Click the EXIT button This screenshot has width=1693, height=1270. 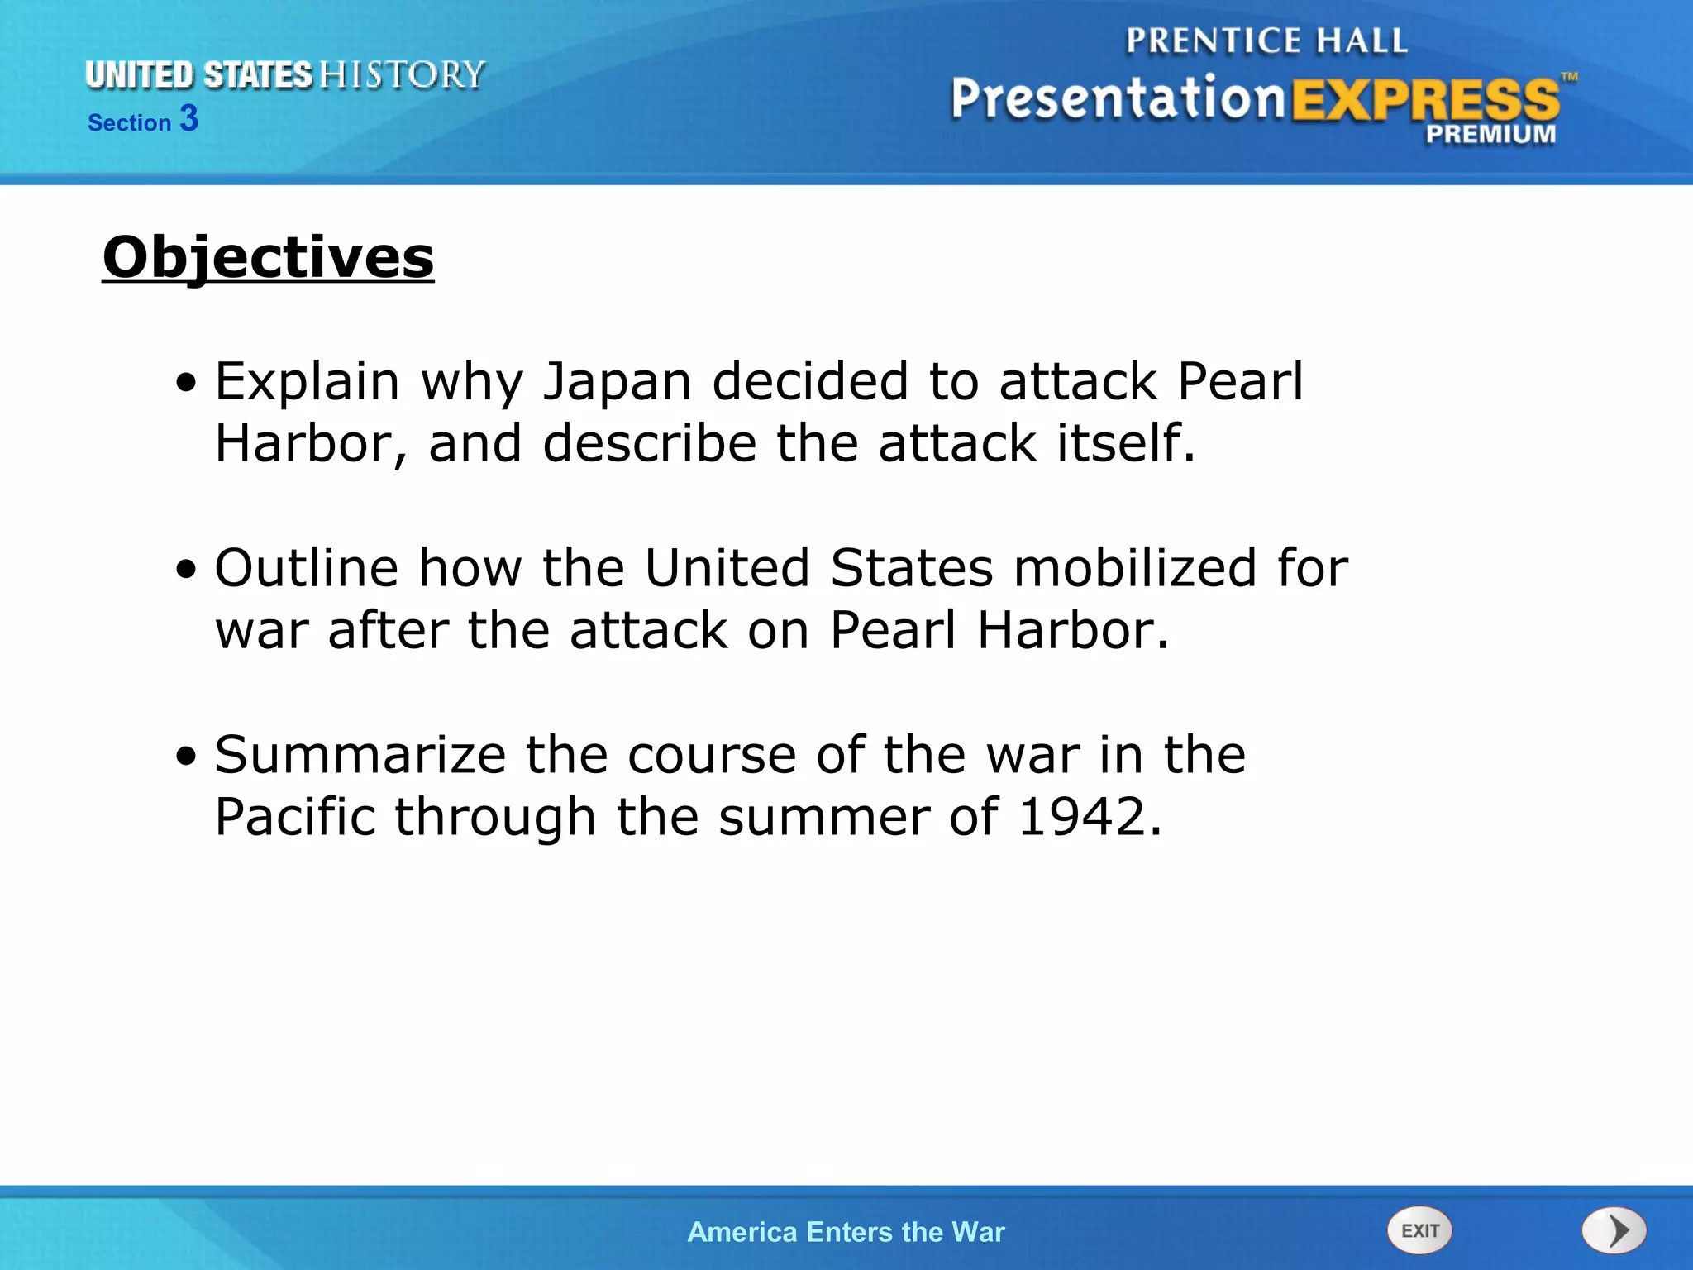[1419, 1230]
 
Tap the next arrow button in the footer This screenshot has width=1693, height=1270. [1614, 1230]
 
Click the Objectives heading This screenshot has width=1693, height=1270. [268, 257]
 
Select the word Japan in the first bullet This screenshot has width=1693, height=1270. [617, 381]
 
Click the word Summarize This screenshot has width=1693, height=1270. [360, 755]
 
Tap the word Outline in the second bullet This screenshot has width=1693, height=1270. [307, 568]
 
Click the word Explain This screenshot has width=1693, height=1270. [307, 381]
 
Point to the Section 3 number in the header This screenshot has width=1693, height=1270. [189, 119]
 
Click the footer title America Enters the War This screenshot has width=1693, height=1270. [846, 1232]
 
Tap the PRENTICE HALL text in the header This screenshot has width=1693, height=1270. [1266, 41]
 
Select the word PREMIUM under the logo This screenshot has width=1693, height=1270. [1490, 135]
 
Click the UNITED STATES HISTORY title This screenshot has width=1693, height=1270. [284, 75]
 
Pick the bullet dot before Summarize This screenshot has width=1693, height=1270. [188, 756]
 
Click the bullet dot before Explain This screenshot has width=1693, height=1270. [188, 383]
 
